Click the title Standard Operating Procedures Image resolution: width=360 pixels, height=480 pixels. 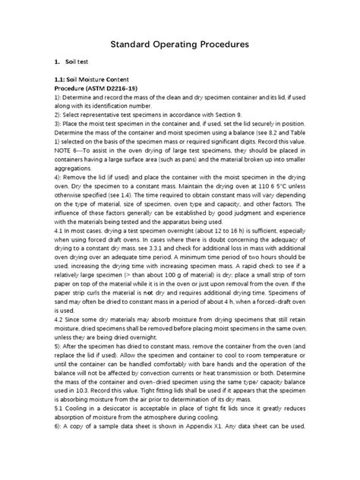tap(180, 46)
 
